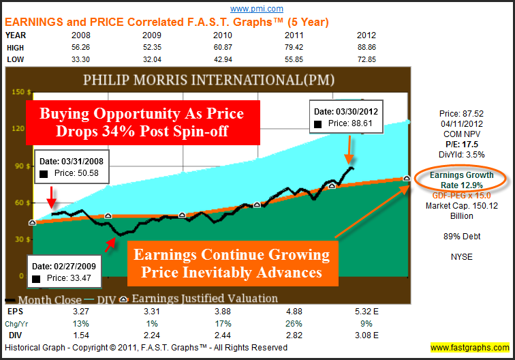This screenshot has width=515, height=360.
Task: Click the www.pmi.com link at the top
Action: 257,9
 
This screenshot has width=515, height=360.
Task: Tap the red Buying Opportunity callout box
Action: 134,121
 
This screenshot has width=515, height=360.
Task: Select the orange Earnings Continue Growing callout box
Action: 232,264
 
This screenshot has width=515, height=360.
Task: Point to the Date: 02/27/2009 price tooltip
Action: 63,271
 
